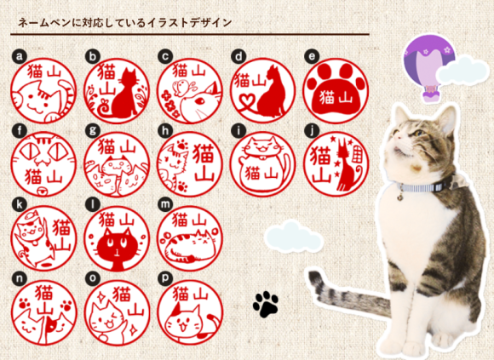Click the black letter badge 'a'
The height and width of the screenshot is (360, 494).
click(20, 57)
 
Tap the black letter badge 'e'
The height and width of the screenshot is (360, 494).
click(312, 57)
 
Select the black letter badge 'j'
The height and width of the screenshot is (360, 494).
click(312, 131)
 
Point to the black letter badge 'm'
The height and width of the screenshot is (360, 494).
click(165, 205)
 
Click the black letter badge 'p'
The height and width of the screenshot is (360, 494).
click(165, 278)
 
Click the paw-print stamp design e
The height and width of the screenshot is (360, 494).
click(336, 91)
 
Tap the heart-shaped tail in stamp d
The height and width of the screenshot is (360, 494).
click(250, 103)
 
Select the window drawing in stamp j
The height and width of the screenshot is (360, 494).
click(357, 153)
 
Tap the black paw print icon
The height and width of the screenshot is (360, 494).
click(266, 304)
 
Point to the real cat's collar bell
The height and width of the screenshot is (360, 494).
click(400, 198)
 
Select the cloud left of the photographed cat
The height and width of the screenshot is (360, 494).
click(294, 237)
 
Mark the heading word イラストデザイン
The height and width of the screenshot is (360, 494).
click(189, 23)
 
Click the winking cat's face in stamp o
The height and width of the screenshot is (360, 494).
click(106, 318)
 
